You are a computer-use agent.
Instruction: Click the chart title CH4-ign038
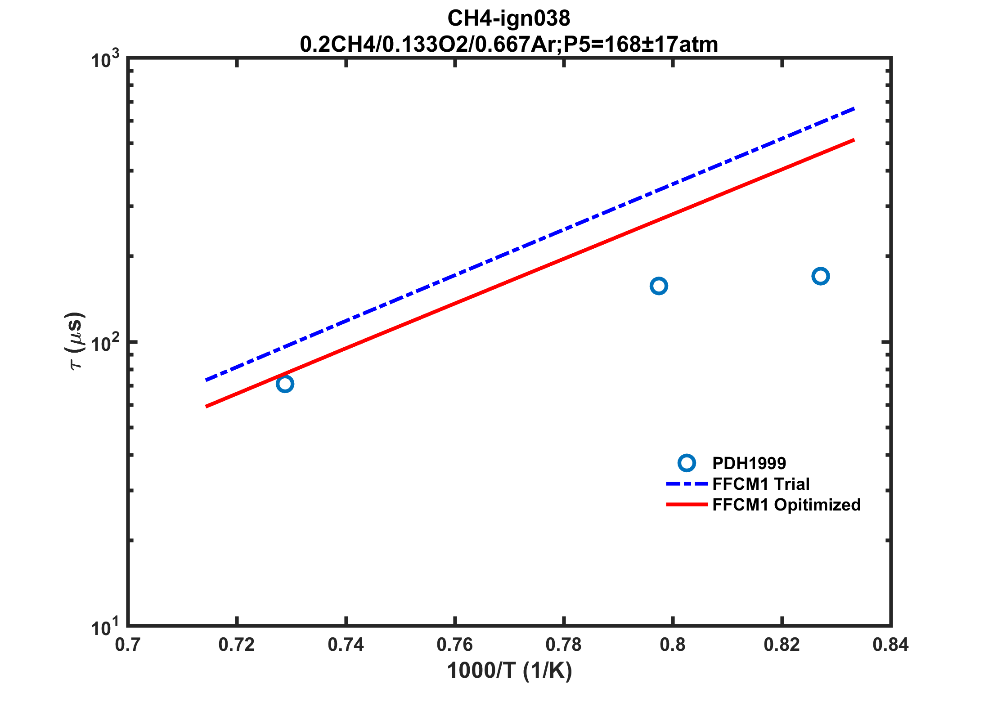pyautogui.click(x=508, y=18)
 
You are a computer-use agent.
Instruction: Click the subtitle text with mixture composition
pyautogui.click(x=508, y=45)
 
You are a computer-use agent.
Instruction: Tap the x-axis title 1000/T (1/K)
pyautogui.click(x=509, y=671)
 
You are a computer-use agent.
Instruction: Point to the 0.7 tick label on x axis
pyautogui.click(x=127, y=645)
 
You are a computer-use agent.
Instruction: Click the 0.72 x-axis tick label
pyautogui.click(x=237, y=645)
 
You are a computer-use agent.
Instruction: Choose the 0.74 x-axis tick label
pyautogui.click(x=346, y=645)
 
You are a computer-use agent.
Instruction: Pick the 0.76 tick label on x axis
pyautogui.click(x=454, y=645)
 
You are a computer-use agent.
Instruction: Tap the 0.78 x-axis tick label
pyautogui.click(x=563, y=645)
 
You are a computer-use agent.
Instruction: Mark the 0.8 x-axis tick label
pyautogui.click(x=673, y=645)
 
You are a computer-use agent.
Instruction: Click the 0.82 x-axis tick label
pyautogui.click(x=782, y=645)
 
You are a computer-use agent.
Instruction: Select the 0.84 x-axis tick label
pyautogui.click(x=890, y=645)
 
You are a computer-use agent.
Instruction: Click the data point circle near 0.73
pyautogui.click(x=285, y=384)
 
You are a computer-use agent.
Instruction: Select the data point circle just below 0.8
pyautogui.click(x=659, y=286)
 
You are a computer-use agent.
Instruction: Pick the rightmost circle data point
pyautogui.click(x=821, y=276)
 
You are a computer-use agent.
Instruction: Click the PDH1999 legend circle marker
pyautogui.click(x=687, y=463)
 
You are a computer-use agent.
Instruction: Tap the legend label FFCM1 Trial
pyautogui.click(x=761, y=484)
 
